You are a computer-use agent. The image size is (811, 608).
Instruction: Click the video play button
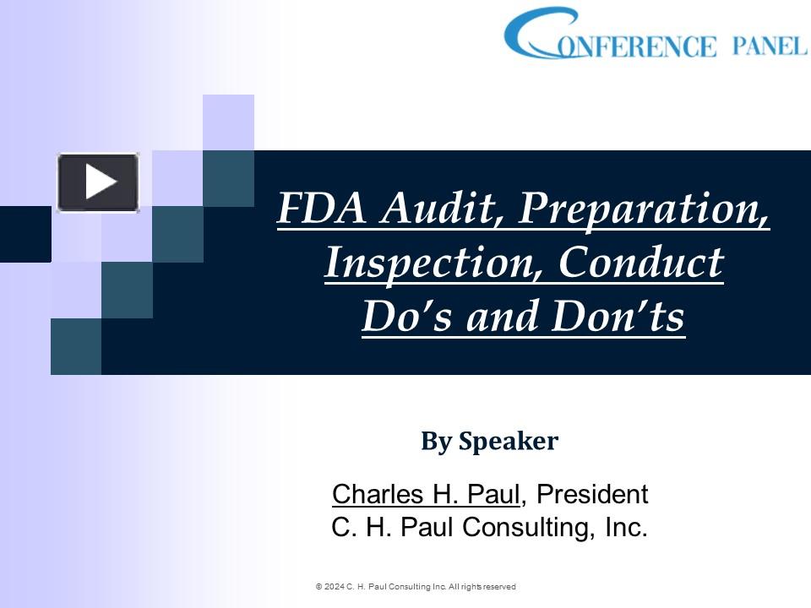[x=98, y=182]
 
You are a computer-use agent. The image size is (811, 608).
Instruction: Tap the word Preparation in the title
[x=643, y=209]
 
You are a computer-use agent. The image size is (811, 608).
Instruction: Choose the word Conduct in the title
[x=640, y=263]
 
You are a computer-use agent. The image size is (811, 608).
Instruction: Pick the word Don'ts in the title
[x=617, y=317]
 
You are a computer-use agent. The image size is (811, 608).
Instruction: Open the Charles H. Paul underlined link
[x=427, y=494]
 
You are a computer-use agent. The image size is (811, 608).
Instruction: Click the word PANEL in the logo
[x=770, y=46]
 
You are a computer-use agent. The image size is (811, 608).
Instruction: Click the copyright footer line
[x=416, y=586]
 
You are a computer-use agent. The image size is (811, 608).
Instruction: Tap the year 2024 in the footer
[x=334, y=586]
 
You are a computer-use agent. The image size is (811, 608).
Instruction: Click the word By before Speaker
[x=437, y=441]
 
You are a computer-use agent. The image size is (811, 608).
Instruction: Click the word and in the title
[x=505, y=317]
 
